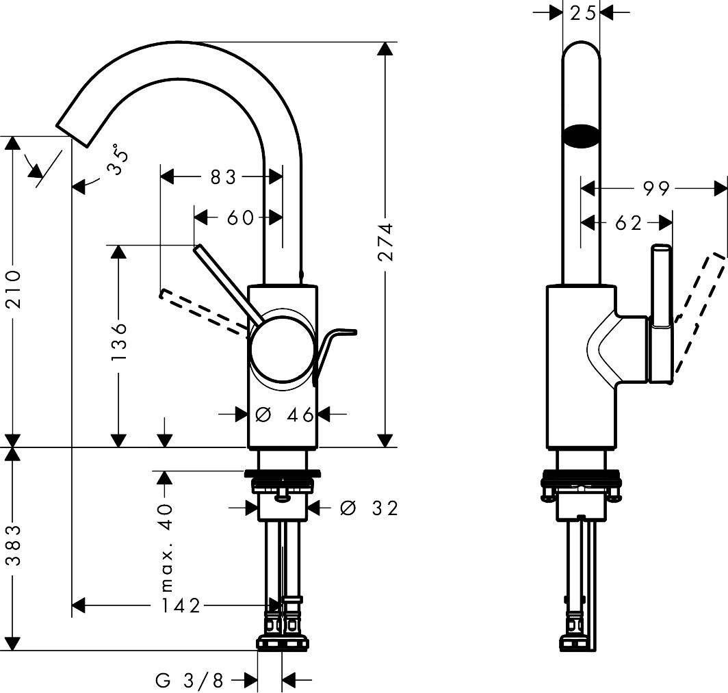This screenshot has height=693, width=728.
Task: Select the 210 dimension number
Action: pos(13,289)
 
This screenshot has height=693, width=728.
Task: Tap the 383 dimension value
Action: pos(13,545)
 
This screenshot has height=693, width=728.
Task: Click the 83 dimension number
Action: pos(223,178)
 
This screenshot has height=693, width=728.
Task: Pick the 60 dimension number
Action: pos(240,218)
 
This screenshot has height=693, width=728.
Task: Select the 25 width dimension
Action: pos(581,12)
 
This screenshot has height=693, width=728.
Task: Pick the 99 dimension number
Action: pos(657,188)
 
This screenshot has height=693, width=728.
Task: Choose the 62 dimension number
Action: pos(629,223)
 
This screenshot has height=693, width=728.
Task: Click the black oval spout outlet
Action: pos(581,135)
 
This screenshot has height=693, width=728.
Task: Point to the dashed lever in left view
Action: pos(202,312)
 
